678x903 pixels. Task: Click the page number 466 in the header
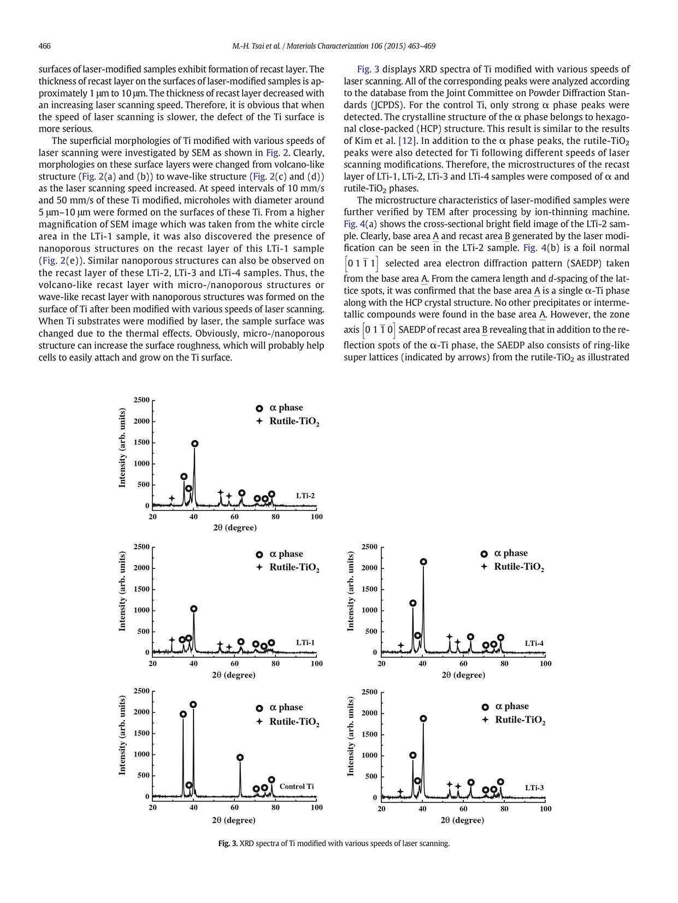click(44, 46)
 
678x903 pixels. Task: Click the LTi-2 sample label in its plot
click(305, 496)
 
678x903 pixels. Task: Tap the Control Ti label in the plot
click(297, 787)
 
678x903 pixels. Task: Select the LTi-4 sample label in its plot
click(534, 643)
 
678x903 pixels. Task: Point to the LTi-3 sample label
click(534, 788)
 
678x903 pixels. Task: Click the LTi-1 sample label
click(305, 643)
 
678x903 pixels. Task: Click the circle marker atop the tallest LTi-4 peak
click(423, 562)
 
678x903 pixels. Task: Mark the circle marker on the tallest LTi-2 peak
click(195, 444)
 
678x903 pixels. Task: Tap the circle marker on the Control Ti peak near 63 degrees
click(240, 757)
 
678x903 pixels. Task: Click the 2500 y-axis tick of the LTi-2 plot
click(142, 400)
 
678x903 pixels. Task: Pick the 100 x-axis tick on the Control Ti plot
click(316, 807)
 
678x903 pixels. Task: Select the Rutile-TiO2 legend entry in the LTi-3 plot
click(520, 720)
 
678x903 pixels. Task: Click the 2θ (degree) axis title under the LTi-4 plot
click(463, 675)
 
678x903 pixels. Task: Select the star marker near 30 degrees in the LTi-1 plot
click(172, 640)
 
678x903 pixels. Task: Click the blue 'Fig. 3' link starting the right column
click(368, 69)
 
